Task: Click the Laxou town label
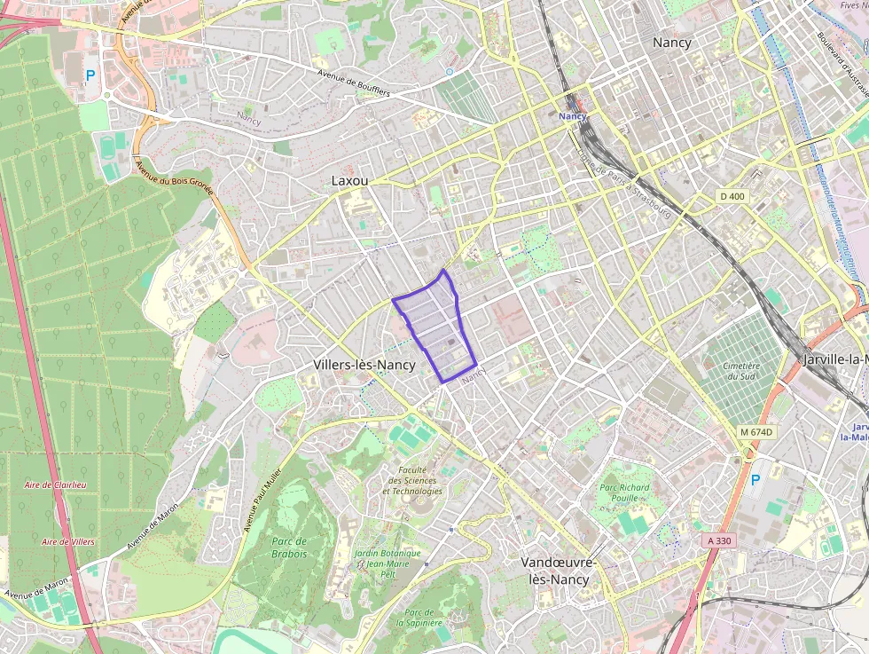(x=349, y=180)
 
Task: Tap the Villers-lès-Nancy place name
(x=364, y=365)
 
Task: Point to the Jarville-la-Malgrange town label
(x=834, y=359)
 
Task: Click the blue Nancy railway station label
(x=573, y=116)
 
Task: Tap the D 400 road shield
(x=732, y=195)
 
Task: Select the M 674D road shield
(x=756, y=432)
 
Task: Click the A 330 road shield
(x=719, y=540)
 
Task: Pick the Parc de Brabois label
(x=289, y=548)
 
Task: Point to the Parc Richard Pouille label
(x=624, y=492)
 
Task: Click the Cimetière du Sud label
(x=741, y=370)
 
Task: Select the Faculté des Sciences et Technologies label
(x=412, y=481)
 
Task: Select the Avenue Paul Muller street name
(x=263, y=500)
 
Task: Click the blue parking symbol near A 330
(x=755, y=480)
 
